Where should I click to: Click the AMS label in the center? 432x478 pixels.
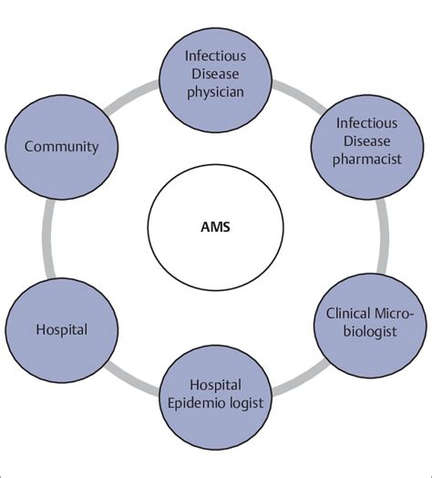click(214, 226)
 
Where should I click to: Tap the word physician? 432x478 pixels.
click(215, 93)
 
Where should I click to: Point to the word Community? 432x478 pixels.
click(61, 146)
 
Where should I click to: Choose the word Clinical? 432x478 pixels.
click(349, 315)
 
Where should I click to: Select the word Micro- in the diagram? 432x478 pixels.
click(394, 315)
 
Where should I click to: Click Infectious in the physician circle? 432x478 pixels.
click(215, 57)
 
